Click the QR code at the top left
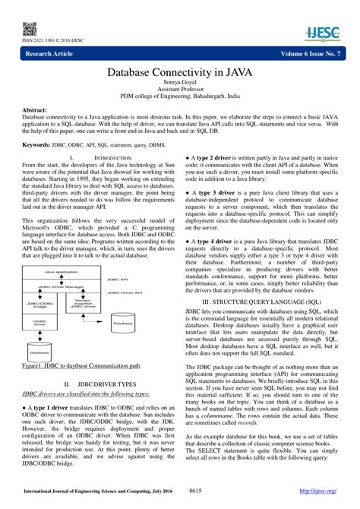coord(30,29)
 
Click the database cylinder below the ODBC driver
coord(39,351)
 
